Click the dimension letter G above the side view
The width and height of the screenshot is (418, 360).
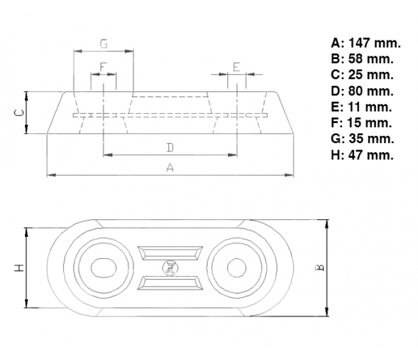104,44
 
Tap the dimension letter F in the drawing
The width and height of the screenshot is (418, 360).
103,67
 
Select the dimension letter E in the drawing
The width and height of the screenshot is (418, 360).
237,67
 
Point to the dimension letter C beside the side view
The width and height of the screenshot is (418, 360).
19,112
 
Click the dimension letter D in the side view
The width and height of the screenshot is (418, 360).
170,147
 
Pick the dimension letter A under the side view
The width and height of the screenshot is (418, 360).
170,168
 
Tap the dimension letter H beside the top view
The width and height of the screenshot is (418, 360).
19,268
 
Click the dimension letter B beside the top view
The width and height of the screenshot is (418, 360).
320,267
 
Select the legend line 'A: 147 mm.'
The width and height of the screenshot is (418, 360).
365,43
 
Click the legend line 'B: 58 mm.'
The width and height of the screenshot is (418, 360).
363,59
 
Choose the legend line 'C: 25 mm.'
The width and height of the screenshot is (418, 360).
363,75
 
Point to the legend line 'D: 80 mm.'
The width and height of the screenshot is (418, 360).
363,91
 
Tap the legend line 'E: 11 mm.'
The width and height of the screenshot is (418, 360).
361,107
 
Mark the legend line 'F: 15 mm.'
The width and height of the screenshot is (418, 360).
361,123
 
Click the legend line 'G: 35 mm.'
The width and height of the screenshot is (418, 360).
363,139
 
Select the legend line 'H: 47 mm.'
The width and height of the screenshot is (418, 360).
363,155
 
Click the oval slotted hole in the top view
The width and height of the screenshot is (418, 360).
104,268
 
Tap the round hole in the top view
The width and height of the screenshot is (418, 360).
237,268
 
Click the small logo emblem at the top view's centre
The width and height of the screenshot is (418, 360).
170,268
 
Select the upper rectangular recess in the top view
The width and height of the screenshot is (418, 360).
170,253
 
